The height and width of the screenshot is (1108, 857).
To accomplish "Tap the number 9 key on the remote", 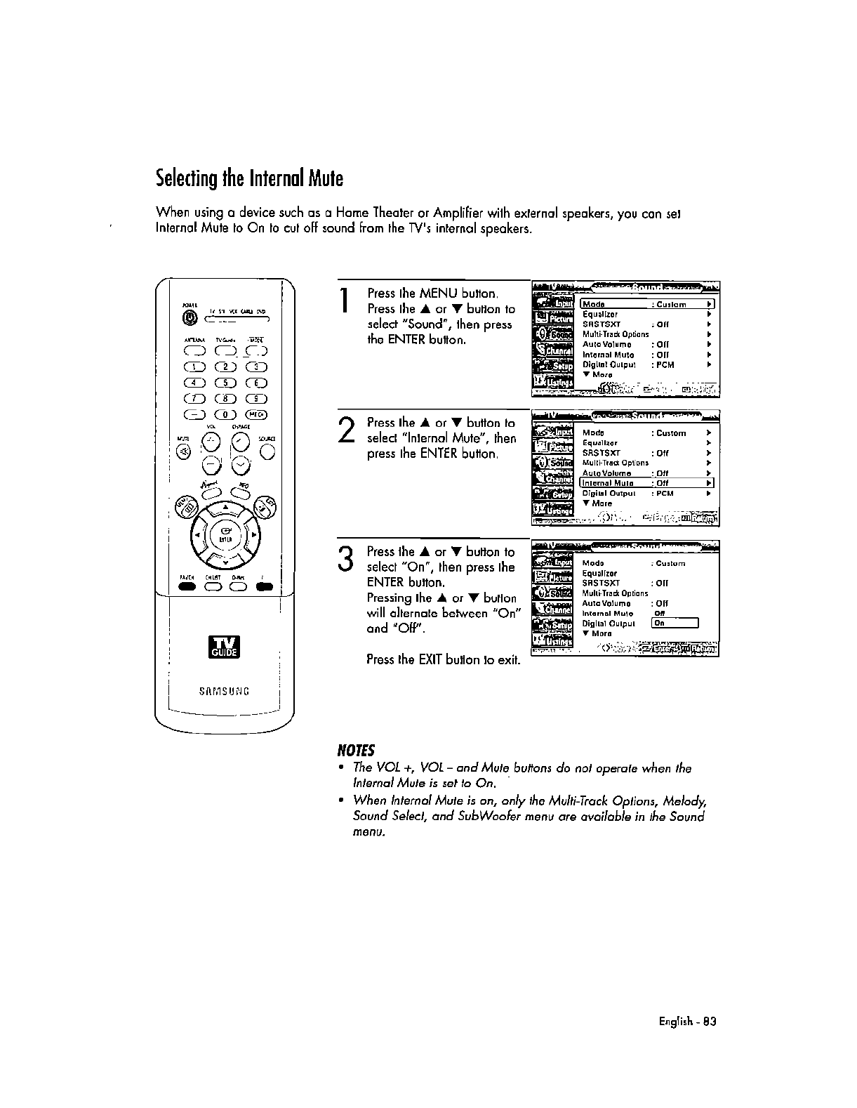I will tap(257, 398).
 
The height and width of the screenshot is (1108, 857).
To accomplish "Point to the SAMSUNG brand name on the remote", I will tap(224, 691).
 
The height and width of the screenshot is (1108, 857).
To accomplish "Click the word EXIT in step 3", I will tap(430, 660).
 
